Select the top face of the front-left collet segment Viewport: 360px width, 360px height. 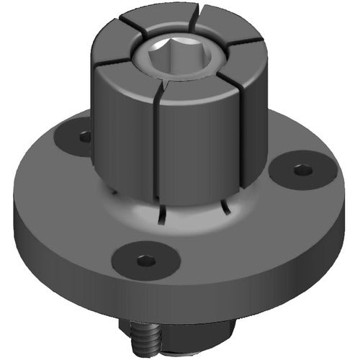coord(126,72)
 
